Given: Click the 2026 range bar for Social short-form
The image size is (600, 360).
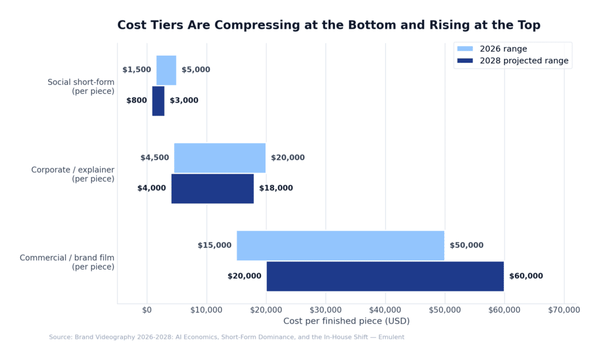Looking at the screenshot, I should point(166,70).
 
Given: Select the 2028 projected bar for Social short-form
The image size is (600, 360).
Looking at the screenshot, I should point(158,101).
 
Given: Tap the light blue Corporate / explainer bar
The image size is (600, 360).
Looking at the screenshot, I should point(220,158).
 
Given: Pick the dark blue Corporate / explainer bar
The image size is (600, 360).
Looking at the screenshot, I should point(212,188).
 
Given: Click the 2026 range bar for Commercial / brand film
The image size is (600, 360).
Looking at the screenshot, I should point(340,245).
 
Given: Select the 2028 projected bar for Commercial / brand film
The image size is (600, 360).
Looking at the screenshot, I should point(385,276).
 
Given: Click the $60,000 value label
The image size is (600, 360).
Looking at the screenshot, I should point(526,276).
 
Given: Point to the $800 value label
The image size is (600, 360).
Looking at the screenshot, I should point(137,101).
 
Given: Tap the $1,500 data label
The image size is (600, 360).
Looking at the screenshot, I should point(137,70).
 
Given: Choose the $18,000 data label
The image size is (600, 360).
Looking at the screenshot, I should point(276,188).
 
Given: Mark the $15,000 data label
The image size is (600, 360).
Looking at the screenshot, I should point(214,245).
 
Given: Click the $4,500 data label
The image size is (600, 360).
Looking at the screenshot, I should point(155,158).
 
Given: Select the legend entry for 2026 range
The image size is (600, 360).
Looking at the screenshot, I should point(503,49).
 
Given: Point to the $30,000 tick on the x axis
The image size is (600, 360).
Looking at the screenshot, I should point(326,310).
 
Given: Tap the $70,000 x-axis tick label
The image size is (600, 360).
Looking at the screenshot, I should point(564,310).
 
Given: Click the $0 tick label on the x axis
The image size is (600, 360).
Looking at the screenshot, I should point(147,310).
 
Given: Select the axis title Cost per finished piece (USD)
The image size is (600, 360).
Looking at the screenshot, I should point(346,321).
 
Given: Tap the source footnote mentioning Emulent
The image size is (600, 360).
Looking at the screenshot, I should point(226,337).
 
